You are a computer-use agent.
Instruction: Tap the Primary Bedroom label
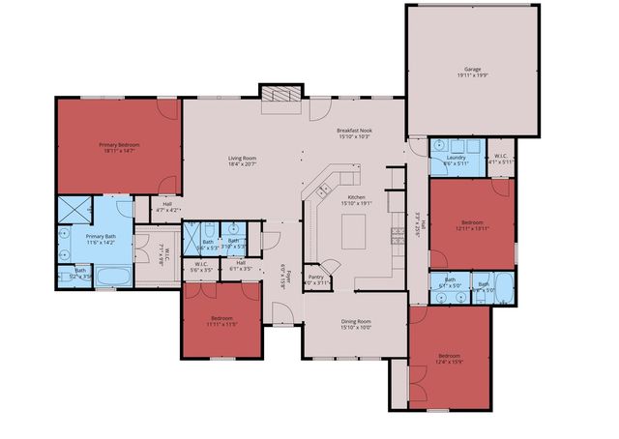pyautogui.click(x=120, y=145)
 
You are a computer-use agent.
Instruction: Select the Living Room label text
pyautogui.click(x=242, y=159)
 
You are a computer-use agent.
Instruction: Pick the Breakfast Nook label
pyautogui.click(x=355, y=131)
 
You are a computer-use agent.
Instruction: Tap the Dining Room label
pyautogui.click(x=355, y=321)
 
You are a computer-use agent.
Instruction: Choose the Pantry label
pyautogui.click(x=315, y=277)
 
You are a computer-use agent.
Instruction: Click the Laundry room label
pyautogui.click(x=455, y=158)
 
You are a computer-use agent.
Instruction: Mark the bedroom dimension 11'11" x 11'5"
pyautogui.click(x=221, y=324)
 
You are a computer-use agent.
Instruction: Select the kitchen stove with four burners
pyautogui.click(x=396, y=233)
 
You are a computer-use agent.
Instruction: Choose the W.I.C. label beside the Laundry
pyautogui.click(x=501, y=157)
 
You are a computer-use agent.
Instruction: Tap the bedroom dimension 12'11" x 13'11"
pyautogui.click(x=474, y=227)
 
